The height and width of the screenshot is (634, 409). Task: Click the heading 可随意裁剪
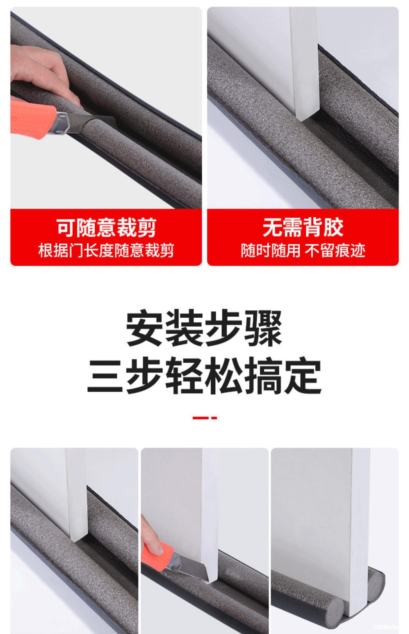106,228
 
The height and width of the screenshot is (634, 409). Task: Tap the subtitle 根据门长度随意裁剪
106,251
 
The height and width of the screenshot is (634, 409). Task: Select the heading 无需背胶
303,228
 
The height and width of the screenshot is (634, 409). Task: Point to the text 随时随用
270,251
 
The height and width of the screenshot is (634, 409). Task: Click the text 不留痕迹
335,251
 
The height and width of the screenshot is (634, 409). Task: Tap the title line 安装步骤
204,328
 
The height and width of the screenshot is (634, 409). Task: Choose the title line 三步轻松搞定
204,376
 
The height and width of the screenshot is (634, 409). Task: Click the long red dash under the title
200,418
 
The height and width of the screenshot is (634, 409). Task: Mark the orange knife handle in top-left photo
31,116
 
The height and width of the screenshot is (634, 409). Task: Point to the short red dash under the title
214,418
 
